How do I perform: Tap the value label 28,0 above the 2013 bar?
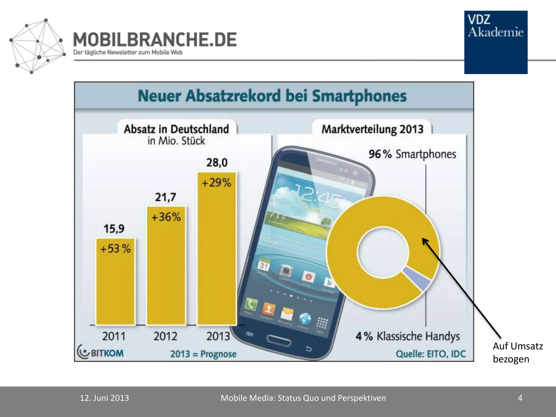(217, 163)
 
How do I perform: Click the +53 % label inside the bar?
(115, 249)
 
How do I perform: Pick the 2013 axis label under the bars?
(218, 336)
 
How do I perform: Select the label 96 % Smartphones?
(412, 154)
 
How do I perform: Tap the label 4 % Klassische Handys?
(407, 336)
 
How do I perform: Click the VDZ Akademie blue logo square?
(496, 42)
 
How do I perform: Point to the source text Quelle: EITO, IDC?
(431, 354)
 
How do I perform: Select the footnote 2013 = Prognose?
(203, 354)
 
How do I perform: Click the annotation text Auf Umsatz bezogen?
(517, 352)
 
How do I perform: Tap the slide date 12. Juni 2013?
(104, 398)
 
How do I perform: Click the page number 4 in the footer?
(520, 398)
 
